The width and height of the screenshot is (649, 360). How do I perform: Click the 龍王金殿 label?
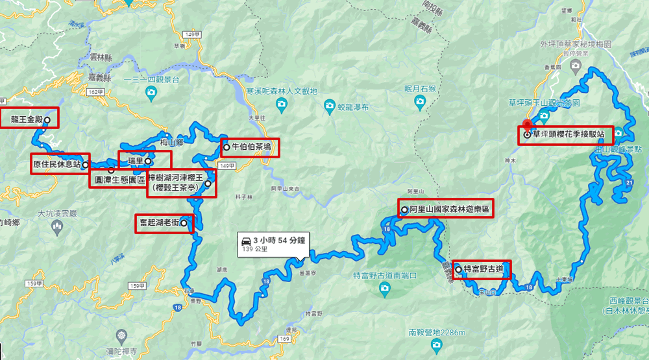tap(26, 119)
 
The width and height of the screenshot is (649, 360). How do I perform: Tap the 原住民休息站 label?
tap(56, 165)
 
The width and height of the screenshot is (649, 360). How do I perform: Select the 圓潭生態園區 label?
tap(120, 179)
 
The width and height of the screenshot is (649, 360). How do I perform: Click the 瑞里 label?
tap(135, 160)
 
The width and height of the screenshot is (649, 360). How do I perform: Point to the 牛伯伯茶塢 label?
tap(252, 147)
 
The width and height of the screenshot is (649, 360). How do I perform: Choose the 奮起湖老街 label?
tap(159, 223)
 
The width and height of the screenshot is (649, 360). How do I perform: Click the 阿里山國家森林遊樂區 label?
tap(449, 210)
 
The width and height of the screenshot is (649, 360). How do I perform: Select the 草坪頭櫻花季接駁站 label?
tap(569, 135)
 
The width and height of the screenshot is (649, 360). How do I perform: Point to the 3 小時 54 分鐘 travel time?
tap(280, 240)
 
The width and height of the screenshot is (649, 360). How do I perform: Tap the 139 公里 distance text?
tap(255, 249)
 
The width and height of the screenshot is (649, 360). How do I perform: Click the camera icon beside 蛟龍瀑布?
tap(330, 106)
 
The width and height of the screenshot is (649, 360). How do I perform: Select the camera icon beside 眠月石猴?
tap(420, 101)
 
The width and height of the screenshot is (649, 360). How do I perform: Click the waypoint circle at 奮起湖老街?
tap(184, 223)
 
